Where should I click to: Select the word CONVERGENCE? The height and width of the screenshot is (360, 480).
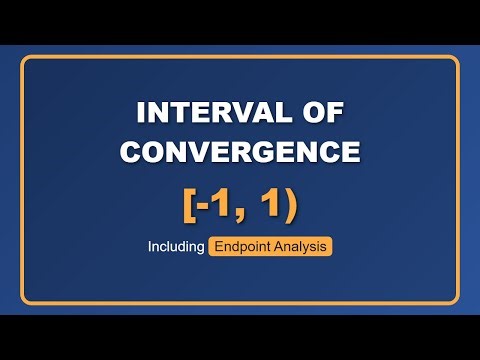pos(240,151)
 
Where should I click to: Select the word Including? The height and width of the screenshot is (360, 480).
pos(176,246)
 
